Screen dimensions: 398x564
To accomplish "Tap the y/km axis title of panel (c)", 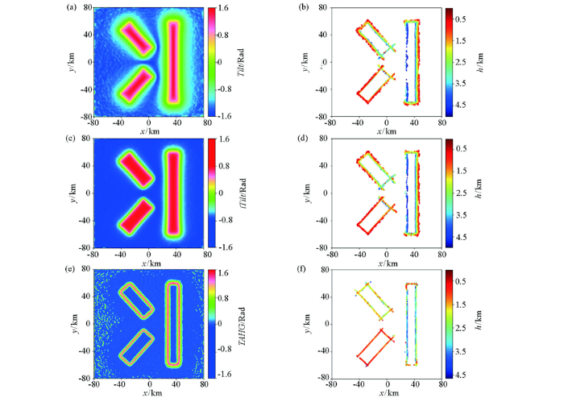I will (x=73, y=193).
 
